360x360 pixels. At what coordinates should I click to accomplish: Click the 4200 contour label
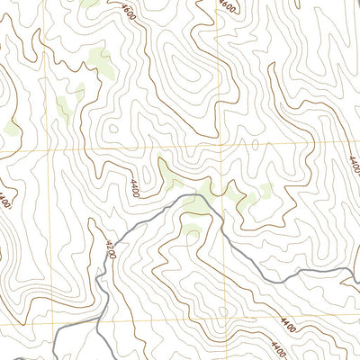point(109,248)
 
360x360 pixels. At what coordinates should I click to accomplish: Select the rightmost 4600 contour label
point(227,7)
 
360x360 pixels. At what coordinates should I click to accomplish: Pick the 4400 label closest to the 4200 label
point(133,187)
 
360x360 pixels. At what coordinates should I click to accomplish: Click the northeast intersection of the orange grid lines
point(219,142)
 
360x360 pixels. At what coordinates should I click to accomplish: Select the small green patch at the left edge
point(12,129)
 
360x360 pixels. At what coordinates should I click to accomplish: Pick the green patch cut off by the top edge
point(89,4)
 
